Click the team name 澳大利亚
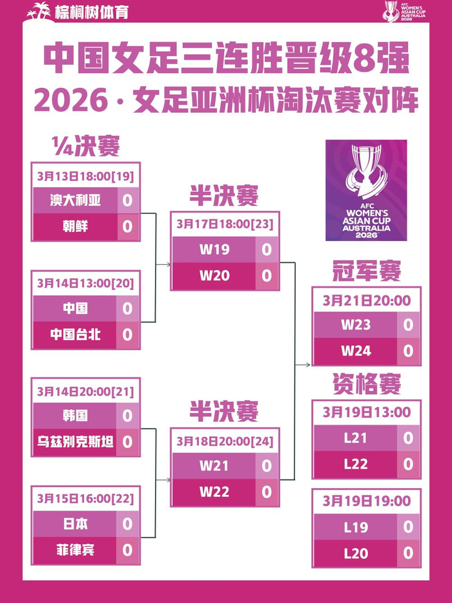pos(76,200)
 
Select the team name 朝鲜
pos(76,226)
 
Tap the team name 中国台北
pos(76,335)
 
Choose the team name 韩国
pos(76,415)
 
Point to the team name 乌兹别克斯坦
pos(76,442)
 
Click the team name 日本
pos(76,523)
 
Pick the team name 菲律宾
pos(76,550)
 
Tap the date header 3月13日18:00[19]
pos(85,176)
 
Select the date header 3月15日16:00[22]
pos(85,498)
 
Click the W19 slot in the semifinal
pos(214,249)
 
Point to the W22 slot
pos(214,491)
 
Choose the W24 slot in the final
pos(356,351)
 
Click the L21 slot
pos(356,438)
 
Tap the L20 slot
pos(356,553)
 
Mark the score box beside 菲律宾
pos(127,550)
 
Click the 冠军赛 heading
pos(366,271)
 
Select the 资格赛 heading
pos(366,384)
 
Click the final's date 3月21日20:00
pos(366,301)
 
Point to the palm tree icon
pos(40,11)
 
